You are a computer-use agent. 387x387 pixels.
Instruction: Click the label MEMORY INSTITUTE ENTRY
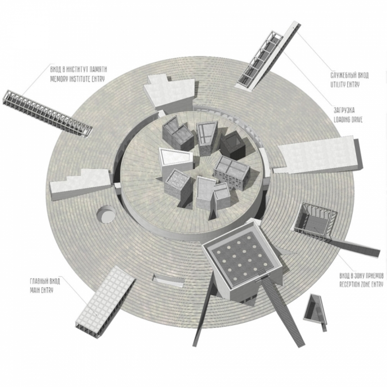[77, 79]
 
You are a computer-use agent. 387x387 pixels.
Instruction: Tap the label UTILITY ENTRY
[345, 85]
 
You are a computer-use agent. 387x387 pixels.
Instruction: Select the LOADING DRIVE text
[348, 120]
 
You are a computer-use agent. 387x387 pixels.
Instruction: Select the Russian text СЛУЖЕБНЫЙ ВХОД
[349, 76]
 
